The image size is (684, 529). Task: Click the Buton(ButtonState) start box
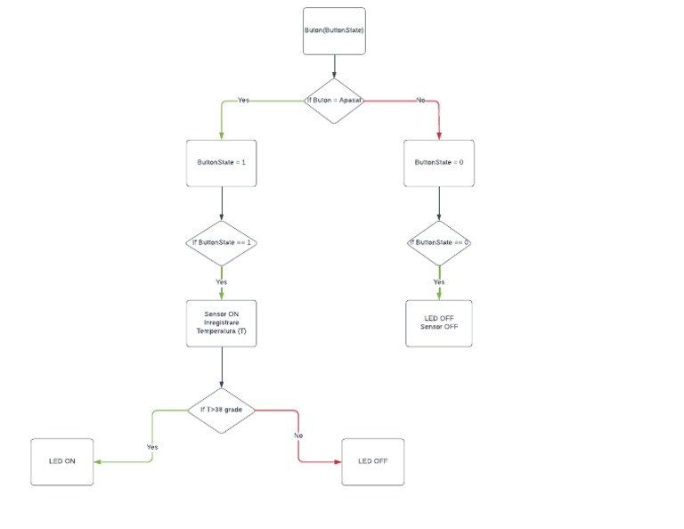tap(334, 29)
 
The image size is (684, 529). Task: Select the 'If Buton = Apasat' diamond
tap(334, 100)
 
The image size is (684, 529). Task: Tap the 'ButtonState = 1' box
tap(221, 163)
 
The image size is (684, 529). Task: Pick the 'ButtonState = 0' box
tap(439, 163)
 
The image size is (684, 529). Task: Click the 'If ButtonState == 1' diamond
tap(221, 242)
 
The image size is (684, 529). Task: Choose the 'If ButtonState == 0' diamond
tap(439, 242)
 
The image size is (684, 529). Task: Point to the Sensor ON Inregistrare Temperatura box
tap(221, 323)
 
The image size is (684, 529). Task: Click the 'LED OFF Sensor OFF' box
tap(439, 322)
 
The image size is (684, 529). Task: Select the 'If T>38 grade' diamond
tap(221, 410)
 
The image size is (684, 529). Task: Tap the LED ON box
tap(61, 461)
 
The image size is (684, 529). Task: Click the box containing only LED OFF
tap(372, 461)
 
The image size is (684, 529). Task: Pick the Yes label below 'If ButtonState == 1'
tap(221, 281)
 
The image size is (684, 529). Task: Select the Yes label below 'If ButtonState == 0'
tap(439, 281)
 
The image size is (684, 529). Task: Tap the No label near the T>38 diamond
tap(298, 435)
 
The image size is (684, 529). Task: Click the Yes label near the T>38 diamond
tap(152, 446)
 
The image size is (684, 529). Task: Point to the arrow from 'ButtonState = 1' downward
tap(221, 204)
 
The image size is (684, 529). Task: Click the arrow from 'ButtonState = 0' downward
tap(439, 204)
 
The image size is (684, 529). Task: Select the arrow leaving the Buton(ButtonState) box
tap(334, 67)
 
